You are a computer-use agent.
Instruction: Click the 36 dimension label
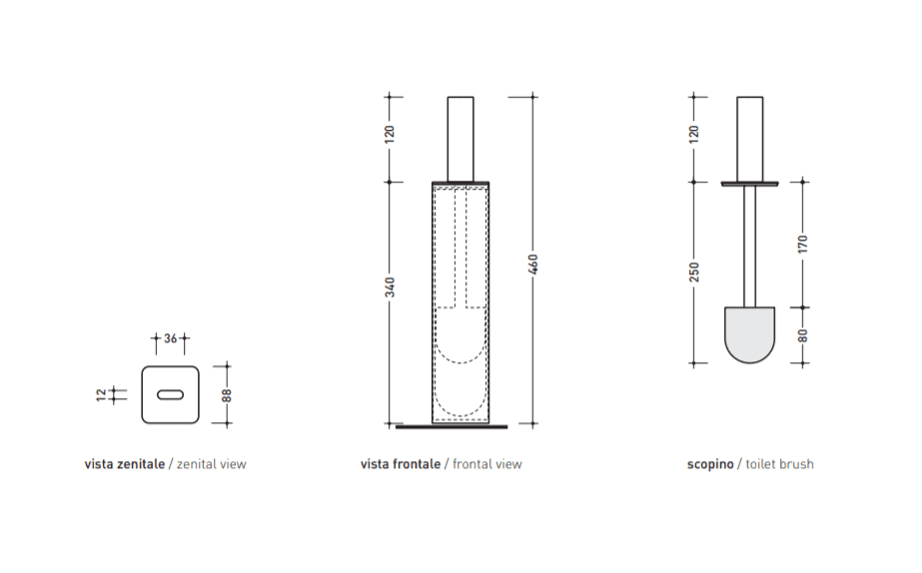(x=171, y=338)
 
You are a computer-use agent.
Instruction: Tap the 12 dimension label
(x=102, y=394)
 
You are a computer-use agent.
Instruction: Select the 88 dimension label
(x=227, y=395)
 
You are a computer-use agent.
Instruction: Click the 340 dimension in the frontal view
(x=390, y=287)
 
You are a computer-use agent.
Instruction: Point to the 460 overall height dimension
(x=532, y=264)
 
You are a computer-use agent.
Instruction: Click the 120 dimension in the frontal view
(x=390, y=134)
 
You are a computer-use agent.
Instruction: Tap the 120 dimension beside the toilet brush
(x=694, y=134)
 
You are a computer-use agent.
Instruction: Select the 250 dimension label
(x=694, y=273)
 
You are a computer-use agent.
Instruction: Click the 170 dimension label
(x=803, y=244)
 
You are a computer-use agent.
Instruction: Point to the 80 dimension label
(x=803, y=335)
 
